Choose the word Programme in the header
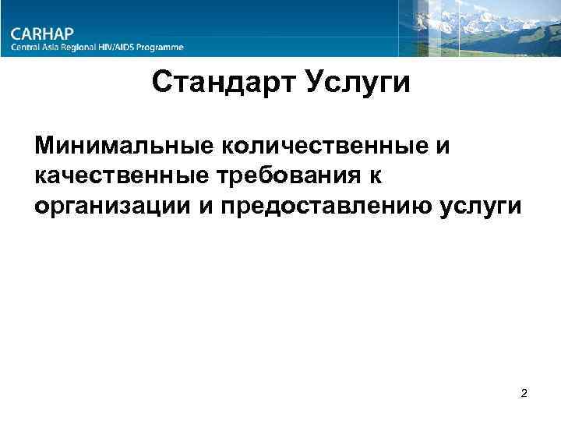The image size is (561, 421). tap(165, 48)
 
